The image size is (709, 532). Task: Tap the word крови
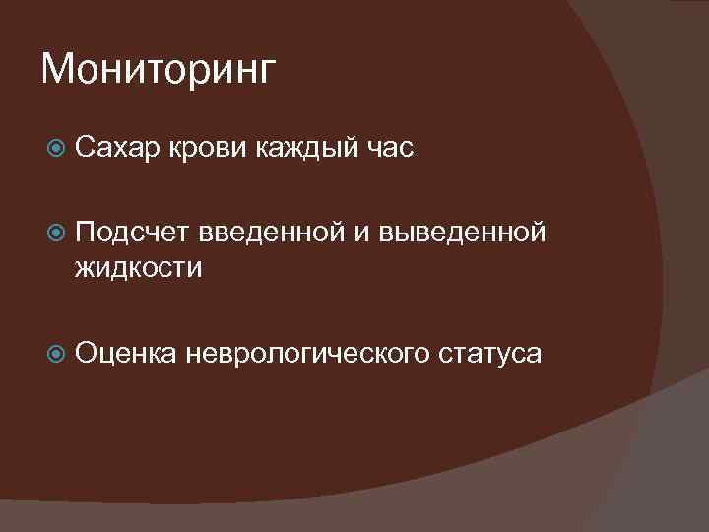210,149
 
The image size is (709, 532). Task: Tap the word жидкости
138,266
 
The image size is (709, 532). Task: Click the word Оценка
122,352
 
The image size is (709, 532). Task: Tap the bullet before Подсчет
56,233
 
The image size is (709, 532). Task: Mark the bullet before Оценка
56,353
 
